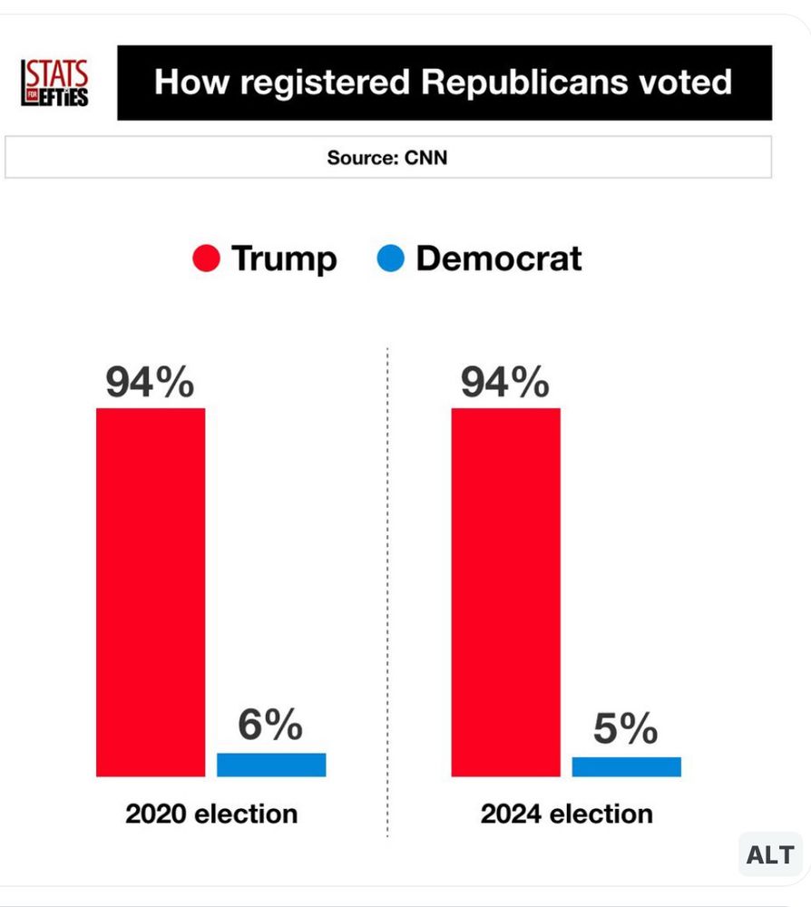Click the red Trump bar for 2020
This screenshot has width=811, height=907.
(x=151, y=591)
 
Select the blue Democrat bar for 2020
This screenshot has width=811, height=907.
(x=271, y=765)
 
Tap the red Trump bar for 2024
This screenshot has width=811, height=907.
(x=505, y=591)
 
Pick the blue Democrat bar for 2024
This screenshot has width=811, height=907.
(x=626, y=766)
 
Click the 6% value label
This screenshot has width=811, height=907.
(x=270, y=726)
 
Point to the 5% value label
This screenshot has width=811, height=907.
(x=626, y=729)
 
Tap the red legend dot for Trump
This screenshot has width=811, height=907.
(x=206, y=259)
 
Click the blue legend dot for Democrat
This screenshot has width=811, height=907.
(x=389, y=259)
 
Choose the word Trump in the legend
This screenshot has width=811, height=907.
(x=284, y=259)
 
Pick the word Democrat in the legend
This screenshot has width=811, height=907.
(x=498, y=259)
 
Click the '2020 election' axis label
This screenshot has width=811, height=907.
(x=211, y=814)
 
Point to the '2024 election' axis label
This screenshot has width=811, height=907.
(x=567, y=814)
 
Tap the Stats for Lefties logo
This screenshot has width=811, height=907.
(x=55, y=83)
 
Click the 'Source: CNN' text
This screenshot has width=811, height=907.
(x=387, y=158)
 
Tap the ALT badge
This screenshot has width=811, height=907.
(x=769, y=854)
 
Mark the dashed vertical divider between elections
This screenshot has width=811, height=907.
(x=387, y=590)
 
